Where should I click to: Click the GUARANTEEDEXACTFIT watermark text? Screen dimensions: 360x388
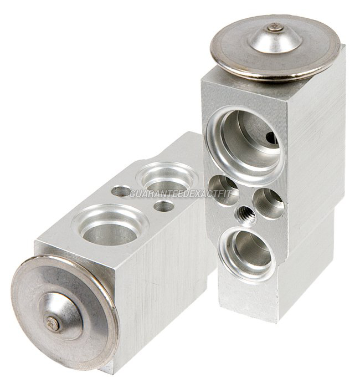[180, 194]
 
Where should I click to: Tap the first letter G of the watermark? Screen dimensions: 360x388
[133, 194]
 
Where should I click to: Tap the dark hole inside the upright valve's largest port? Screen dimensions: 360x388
[271, 137]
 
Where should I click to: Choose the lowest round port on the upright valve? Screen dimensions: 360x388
[248, 255]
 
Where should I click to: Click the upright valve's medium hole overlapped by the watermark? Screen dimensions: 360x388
[223, 191]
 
